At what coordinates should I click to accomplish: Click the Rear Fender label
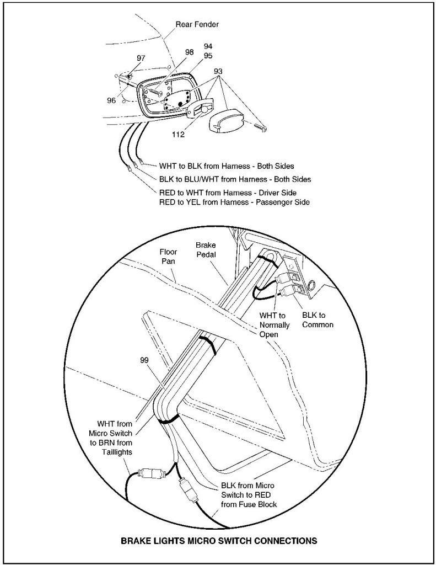pos(196,24)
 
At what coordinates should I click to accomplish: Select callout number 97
pos(141,58)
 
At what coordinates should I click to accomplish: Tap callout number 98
pos(189,52)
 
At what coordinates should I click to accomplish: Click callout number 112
pos(178,134)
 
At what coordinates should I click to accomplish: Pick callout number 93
pos(218,72)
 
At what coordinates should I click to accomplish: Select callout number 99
pos(144,360)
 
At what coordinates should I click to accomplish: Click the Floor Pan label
pos(168,257)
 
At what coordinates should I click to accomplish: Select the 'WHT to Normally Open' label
pos(274,324)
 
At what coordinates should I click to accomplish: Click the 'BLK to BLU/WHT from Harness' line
pos(234,179)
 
